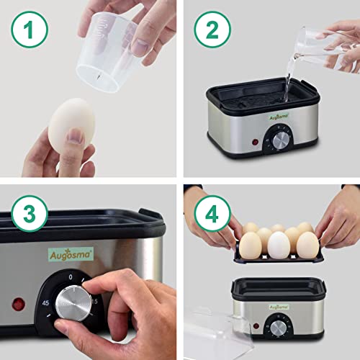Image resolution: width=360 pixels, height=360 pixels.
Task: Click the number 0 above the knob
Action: (70, 276)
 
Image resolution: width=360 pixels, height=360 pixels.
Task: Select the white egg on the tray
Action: (279, 245)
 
